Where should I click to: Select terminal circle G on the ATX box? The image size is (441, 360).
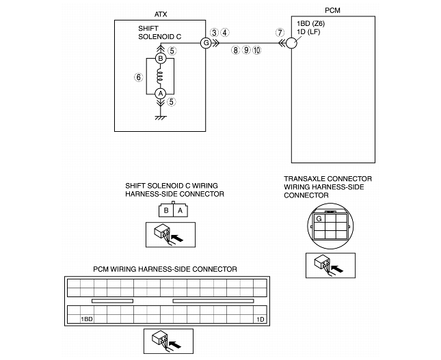(205, 43)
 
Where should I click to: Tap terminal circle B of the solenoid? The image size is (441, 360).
(161, 59)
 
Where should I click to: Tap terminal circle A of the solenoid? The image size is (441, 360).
(161, 93)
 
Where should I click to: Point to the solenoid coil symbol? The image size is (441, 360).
(161, 76)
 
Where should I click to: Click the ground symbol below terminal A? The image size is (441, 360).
(161, 117)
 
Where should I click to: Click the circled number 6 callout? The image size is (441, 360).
(138, 78)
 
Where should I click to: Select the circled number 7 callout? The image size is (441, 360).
(279, 33)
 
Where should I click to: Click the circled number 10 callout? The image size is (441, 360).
(256, 51)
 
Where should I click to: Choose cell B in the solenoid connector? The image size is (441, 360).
(167, 210)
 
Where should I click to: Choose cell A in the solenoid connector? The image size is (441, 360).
(181, 210)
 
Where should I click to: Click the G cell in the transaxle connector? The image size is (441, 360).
(319, 219)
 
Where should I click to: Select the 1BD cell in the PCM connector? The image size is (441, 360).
(86, 319)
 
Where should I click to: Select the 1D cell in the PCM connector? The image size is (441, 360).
(260, 319)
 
